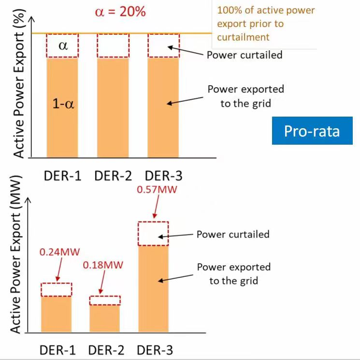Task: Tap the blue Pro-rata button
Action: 312,131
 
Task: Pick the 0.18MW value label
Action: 103,265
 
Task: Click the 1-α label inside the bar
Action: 63,103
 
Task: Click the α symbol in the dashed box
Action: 62,45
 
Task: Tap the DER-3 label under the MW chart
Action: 154,350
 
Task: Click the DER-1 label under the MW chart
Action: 57,350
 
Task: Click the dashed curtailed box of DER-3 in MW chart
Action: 153,234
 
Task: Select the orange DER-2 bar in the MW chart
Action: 104,318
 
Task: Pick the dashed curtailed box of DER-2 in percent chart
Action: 113,45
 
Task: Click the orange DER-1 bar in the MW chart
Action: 56,314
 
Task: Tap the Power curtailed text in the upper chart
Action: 244,55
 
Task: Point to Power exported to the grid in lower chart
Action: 233,273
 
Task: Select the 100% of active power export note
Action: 266,24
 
